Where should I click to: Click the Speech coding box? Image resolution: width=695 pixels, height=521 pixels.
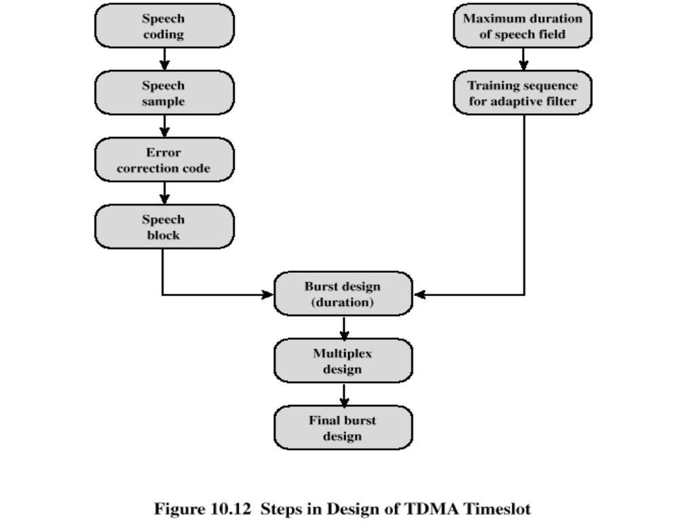pyautogui.click(x=164, y=26)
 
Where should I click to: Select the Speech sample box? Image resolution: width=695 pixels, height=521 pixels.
pyautogui.click(x=164, y=92)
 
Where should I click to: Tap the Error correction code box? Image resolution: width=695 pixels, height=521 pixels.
pyautogui.click(x=164, y=159)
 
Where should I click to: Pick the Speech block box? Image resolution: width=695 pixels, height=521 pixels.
pyautogui.click(x=164, y=227)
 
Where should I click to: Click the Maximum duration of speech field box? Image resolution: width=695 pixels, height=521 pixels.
pyautogui.click(x=523, y=26)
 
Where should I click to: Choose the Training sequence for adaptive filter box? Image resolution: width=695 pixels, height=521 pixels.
pyautogui.click(x=523, y=92)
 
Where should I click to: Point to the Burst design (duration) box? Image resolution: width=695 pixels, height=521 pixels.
pyautogui.click(x=343, y=294)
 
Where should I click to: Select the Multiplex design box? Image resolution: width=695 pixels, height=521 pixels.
pyautogui.click(x=343, y=361)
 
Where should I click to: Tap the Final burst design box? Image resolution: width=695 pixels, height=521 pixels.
pyautogui.click(x=343, y=427)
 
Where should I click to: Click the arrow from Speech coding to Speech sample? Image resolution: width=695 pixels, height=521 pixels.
pyautogui.click(x=164, y=59)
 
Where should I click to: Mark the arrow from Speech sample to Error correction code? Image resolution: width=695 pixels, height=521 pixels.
pyautogui.click(x=164, y=126)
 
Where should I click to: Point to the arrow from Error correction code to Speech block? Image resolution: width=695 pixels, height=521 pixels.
pyautogui.click(x=164, y=193)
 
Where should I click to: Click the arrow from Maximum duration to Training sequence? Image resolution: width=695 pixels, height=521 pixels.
pyautogui.click(x=523, y=59)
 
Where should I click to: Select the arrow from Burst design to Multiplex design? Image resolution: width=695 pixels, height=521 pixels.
pyautogui.click(x=344, y=328)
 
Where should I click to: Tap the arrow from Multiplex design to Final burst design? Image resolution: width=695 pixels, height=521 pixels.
pyautogui.click(x=344, y=395)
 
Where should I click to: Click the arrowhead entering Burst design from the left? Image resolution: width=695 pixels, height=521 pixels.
pyautogui.click(x=267, y=294)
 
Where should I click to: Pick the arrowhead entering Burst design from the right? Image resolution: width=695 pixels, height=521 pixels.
pyautogui.click(x=419, y=294)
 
